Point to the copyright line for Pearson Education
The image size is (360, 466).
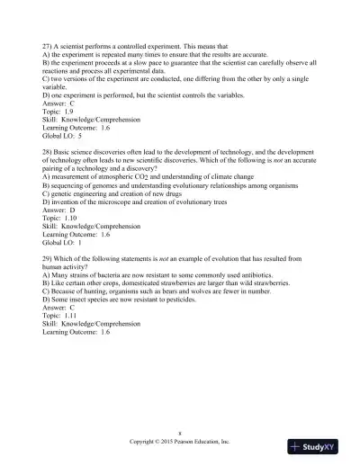pyautogui.click(x=180, y=443)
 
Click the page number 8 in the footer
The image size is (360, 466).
pyautogui.click(x=180, y=433)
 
